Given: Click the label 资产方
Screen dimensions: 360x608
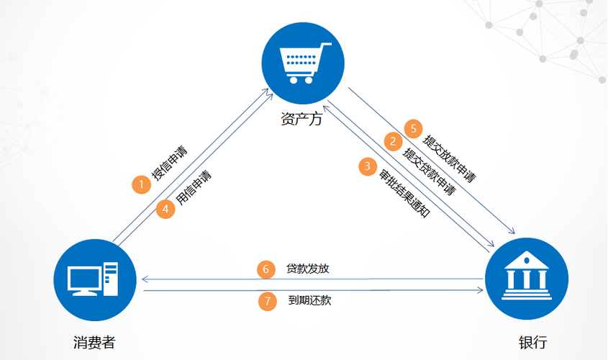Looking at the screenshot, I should (x=301, y=118).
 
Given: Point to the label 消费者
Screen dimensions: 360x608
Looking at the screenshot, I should (x=94, y=341).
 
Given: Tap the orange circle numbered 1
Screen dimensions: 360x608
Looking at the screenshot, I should (x=142, y=184).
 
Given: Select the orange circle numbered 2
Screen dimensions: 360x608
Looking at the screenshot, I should (x=393, y=141).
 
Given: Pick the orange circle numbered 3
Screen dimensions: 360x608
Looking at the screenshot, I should (x=368, y=166).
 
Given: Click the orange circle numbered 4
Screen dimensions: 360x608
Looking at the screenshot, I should (x=166, y=209).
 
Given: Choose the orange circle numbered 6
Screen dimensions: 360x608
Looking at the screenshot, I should (x=266, y=269).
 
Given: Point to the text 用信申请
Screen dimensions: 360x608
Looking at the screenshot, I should (x=194, y=188).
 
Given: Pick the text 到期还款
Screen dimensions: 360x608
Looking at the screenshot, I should (x=309, y=301).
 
